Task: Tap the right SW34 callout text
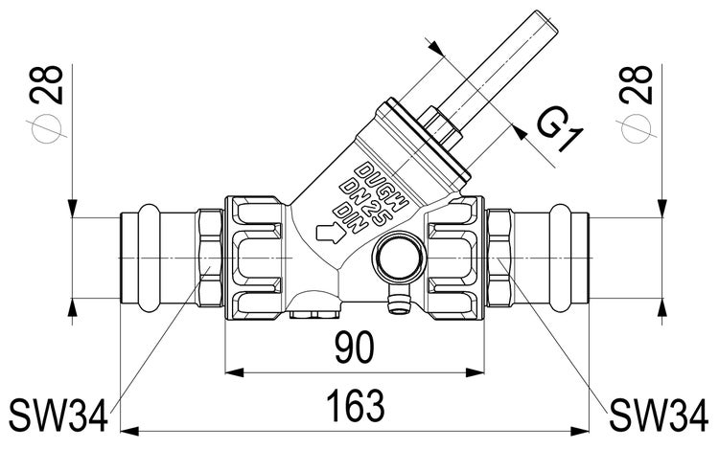pyautogui.click(x=662, y=414)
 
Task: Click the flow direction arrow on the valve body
pyautogui.click(x=329, y=231)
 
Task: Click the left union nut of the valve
pyautogui.click(x=254, y=256)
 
